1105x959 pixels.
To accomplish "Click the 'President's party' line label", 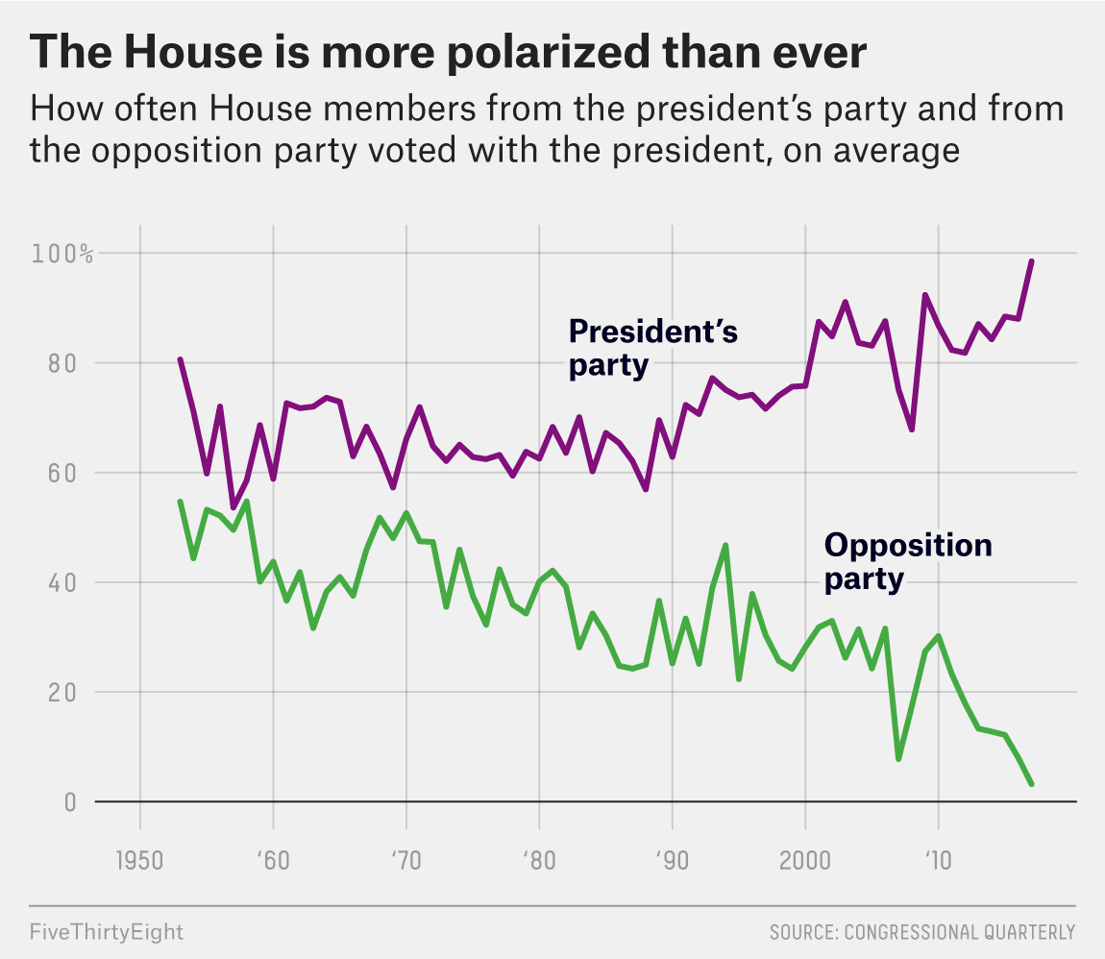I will coord(653,348).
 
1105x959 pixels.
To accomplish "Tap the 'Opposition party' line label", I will coord(908,562).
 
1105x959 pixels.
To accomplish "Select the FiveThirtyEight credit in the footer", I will coord(107,932).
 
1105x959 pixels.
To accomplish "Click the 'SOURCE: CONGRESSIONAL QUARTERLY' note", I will coord(921,932).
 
